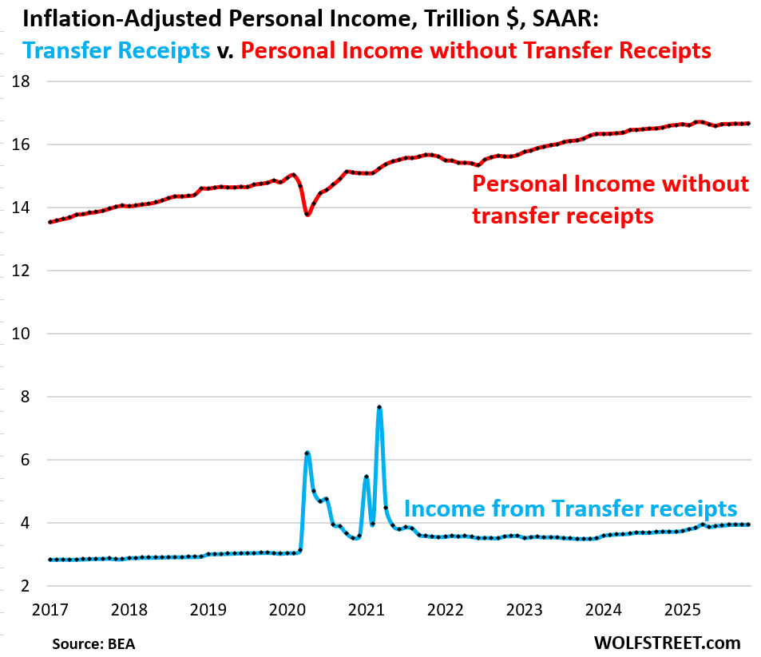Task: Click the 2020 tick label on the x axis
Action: click(287, 610)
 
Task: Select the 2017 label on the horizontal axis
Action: click(50, 610)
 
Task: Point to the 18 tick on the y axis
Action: click(22, 81)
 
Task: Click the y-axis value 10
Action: click(22, 334)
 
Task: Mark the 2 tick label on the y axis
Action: click(26, 587)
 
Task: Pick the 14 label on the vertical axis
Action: click(22, 208)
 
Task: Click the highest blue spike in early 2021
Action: click(379, 408)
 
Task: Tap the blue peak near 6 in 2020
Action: click(307, 453)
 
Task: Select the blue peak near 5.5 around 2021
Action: click(366, 477)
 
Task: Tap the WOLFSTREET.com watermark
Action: click(667, 642)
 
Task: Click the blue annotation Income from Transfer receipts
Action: click(570, 509)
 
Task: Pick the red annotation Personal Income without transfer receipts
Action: click(611, 199)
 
